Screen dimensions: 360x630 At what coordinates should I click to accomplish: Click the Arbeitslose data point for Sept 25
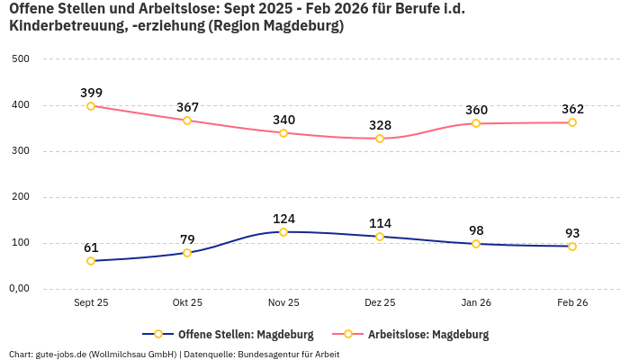click(91, 106)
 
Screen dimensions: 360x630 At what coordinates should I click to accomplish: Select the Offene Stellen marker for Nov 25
click(283, 232)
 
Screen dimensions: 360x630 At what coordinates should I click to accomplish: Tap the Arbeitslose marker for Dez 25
click(380, 139)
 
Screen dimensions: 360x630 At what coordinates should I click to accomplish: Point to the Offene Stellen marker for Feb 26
click(572, 247)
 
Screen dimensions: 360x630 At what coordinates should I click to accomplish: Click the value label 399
click(91, 93)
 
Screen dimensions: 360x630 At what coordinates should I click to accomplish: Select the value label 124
click(283, 219)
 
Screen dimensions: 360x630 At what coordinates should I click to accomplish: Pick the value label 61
click(91, 247)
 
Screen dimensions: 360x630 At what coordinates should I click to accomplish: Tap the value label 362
click(572, 109)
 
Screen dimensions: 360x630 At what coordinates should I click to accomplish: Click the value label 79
click(187, 239)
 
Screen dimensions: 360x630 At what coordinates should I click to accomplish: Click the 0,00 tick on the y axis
click(19, 289)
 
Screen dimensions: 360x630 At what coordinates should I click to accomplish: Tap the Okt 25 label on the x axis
click(187, 303)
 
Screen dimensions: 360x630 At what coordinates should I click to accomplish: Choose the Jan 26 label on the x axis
click(476, 303)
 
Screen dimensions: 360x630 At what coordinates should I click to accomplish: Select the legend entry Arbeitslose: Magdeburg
click(428, 335)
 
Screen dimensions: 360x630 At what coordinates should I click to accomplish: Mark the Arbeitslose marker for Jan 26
click(476, 123)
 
